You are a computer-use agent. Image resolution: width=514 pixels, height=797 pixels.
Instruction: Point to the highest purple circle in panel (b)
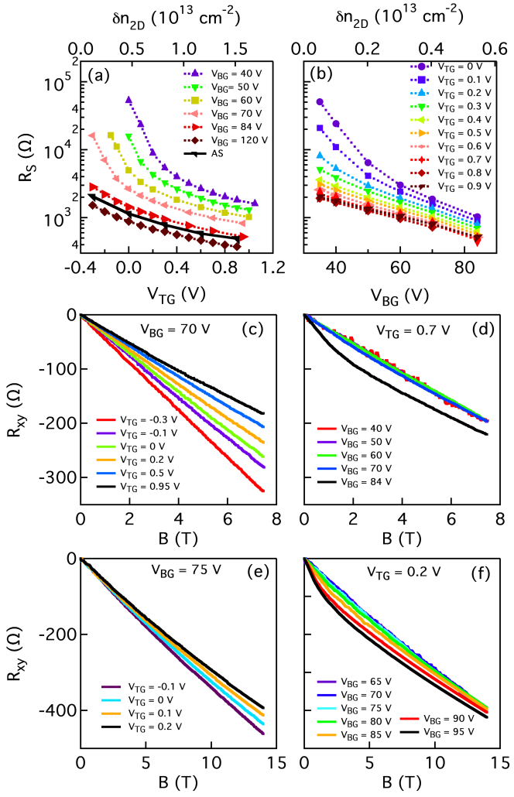(x=320, y=101)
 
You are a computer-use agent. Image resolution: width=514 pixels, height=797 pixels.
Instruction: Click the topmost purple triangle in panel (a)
(x=128, y=99)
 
